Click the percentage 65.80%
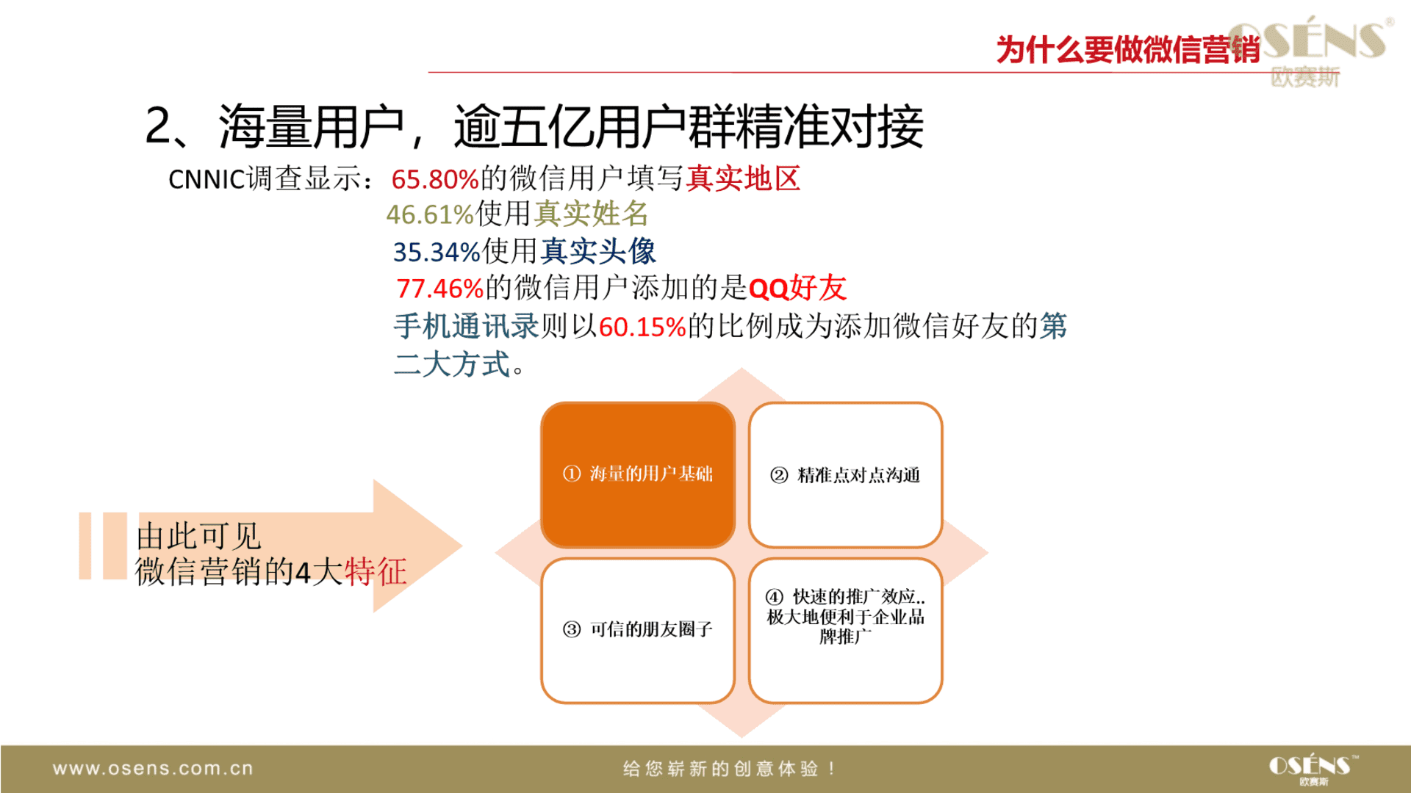click(x=435, y=179)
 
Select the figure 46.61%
click(x=430, y=215)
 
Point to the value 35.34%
click(x=437, y=252)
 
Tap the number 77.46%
click(x=439, y=289)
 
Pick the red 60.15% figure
click(x=642, y=327)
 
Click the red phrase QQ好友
click(x=797, y=288)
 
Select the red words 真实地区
click(x=743, y=178)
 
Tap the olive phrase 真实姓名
click(x=592, y=214)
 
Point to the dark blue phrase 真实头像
click(x=598, y=251)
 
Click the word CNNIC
click(x=206, y=179)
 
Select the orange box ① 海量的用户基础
click(x=638, y=475)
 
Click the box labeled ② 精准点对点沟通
click(x=845, y=475)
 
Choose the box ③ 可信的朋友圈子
click(x=638, y=631)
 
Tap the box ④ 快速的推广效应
click(x=845, y=631)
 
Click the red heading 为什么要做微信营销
click(x=1128, y=50)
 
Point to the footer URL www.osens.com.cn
click(x=153, y=769)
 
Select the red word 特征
click(x=376, y=572)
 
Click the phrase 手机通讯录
click(x=467, y=326)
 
